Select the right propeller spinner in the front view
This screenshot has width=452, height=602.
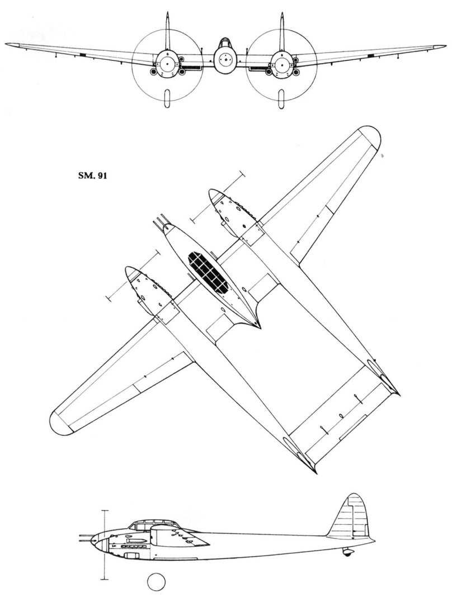pyautogui.click(x=281, y=60)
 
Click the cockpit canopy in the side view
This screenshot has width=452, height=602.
pyautogui.click(x=149, y=525)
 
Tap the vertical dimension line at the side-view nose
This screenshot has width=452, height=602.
pyautogui.click(x=103, y=545)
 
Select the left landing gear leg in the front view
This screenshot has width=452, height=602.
pyautogui.click(x=167, y=98)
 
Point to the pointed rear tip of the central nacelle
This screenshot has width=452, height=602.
pyautogui.click(x=258, y=326)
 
